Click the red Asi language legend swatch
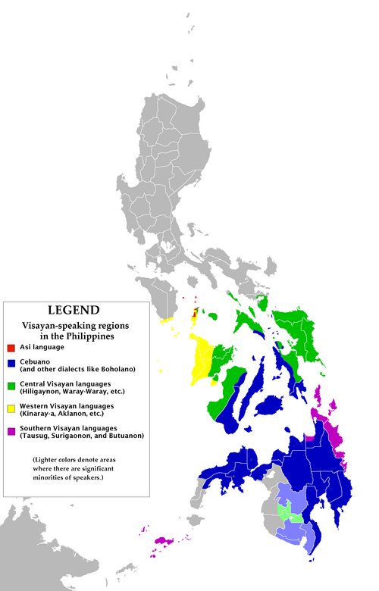tap(11, 348)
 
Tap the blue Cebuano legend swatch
tap(11, 363)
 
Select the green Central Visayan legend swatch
tap(11, 385)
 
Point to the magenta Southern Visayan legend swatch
tap(11, 430)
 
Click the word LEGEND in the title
tap(74, 310)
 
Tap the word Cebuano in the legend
tap(37, 362)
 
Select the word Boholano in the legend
tap(114, 369)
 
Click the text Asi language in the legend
tap(42, 347)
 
